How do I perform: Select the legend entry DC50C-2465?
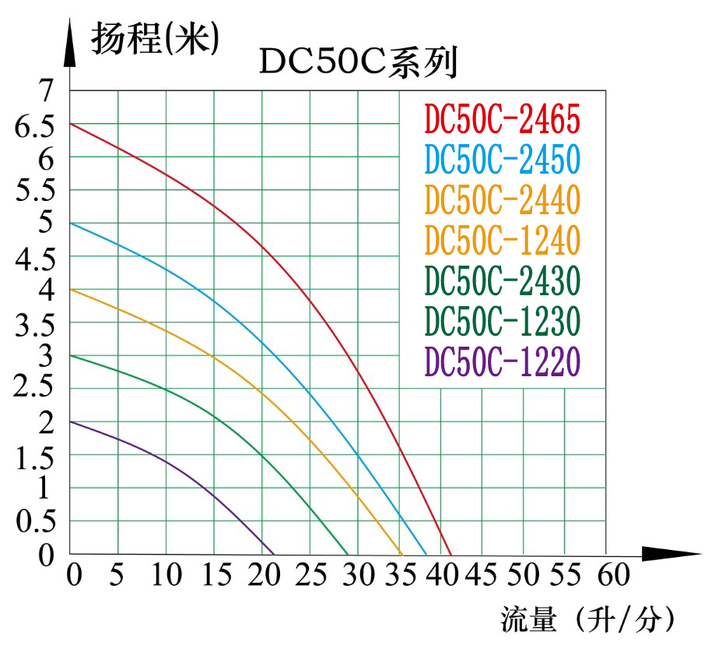pos(503,120)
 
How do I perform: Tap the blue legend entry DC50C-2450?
pos(503,160)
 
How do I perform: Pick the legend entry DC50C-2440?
pos(503,200)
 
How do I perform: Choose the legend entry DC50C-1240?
pos(503,240)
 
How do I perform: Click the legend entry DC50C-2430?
pos(503,280)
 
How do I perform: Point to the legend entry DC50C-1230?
pos(503,320)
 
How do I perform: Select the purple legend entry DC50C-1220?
pos(503,361)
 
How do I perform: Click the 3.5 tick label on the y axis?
pos(35,323)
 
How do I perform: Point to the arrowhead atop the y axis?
pos(70,43)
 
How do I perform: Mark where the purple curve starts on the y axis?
pos(71,421)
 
